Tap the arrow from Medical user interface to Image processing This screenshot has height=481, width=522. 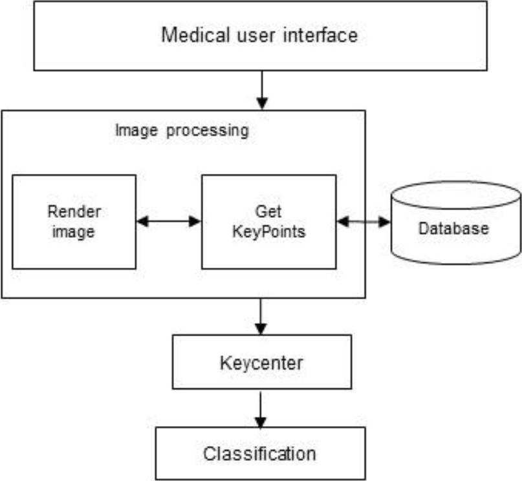[261, 90]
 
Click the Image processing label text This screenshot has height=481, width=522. [182, 130]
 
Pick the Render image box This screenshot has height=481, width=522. [74, 221]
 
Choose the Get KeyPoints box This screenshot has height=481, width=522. [268, 221]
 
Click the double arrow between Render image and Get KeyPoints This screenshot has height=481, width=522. [169, 221]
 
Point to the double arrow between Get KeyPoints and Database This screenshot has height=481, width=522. [364, 222]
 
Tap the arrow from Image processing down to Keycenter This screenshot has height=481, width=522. [261, 316]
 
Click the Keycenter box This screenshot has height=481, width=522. [261, 362]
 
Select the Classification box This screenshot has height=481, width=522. [260, 453]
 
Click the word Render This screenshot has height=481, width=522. [74, 212]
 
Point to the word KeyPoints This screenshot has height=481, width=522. [268, 231]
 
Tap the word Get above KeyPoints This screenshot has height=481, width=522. [268, 212]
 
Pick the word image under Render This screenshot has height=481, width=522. [74, 231]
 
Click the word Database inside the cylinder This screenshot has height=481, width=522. [453, 228]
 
